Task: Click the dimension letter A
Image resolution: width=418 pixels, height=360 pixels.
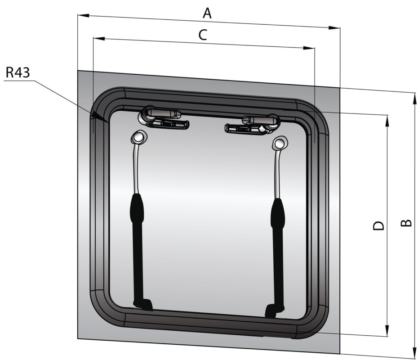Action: click(x=207, y=13)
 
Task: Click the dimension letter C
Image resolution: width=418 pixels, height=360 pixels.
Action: click(x=203, y=35)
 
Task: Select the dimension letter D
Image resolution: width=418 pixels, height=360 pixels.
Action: click(x=378, y=225)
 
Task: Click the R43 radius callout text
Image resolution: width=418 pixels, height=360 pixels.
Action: click(x=18, y=72)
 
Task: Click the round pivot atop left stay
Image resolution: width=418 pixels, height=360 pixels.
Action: click(x=138, y=136)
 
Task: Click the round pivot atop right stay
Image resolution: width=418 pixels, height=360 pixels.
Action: click(x=280, y=144)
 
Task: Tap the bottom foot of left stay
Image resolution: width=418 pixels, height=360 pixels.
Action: click(x=145, y=306)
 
